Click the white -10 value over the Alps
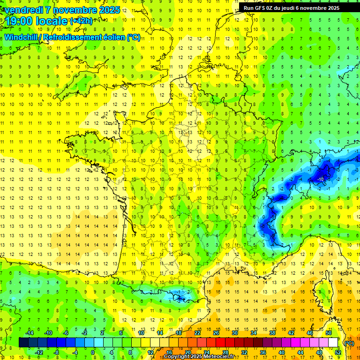point(321,180)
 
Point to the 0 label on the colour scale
point(92,352)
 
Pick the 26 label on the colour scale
point(216,332)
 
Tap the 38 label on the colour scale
point(272,332)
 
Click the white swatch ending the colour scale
point(333,343)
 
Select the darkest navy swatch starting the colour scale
point(23,343)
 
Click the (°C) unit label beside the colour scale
point(349,343)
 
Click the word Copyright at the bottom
point(178,357)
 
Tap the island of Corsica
point(322,293)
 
